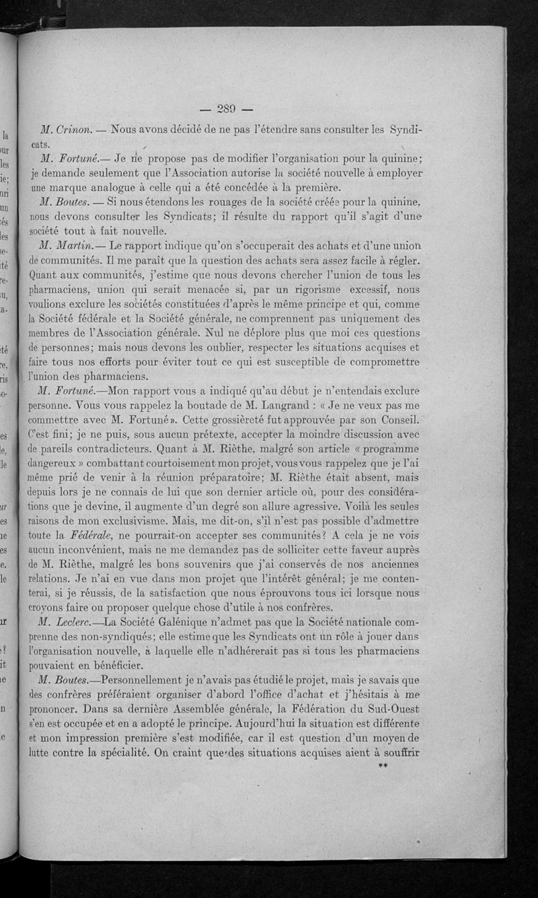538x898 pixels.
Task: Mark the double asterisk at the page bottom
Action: tap(384, 766)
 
